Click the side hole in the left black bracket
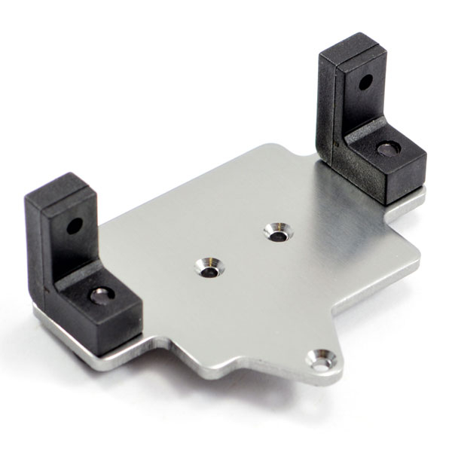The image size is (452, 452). [74, 225]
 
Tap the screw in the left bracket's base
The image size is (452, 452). [100, 295]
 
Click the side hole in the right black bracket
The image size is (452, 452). [365, 81]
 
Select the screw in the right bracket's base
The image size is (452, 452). [387, 148]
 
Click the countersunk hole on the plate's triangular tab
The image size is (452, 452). [323, 362]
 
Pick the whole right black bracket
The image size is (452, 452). [369, 121]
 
